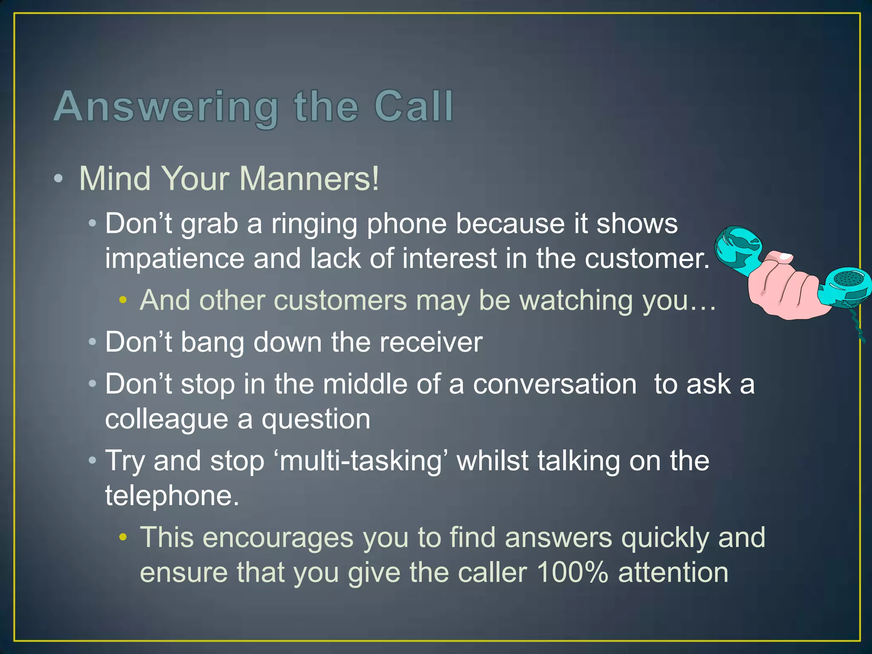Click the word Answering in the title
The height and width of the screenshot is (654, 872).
pyautogui.click(x=166, y=107)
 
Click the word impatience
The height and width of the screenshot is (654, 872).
pyautogui.click(x=175, y=259)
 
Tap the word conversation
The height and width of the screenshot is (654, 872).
pyautogui.click(x=555, y=384)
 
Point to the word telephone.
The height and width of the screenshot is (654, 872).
pyautogui.click(x=172, y=496)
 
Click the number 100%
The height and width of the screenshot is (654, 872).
pyautogui.click(x=572, y=573)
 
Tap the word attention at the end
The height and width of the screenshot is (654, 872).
pyautogui.click(x=673, y=573)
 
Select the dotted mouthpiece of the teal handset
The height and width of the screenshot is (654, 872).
pyautogui.click(x=847, y=279)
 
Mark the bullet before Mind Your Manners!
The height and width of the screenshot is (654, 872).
pyautogui.click(x=59, y=179)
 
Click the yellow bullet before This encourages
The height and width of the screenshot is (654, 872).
pyautogui.click(x=123, y=538)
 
